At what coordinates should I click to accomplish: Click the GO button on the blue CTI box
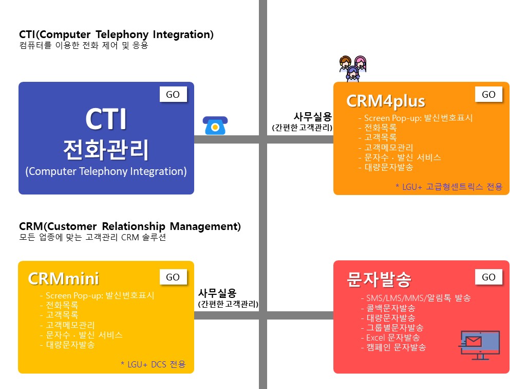click(173, 94)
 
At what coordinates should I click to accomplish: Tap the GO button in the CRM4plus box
click(489, 94)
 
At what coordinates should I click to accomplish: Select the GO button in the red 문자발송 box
click(489, 277)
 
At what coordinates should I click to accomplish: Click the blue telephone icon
click(215, 126)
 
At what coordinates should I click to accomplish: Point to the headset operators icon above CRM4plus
click(352, 68)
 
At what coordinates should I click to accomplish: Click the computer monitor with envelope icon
click(479, 345)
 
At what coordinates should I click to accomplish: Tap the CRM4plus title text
click(385, 101)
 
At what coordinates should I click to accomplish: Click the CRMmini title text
click(63, 278)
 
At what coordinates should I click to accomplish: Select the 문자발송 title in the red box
click(379, 279)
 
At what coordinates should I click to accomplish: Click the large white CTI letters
click(106, 119)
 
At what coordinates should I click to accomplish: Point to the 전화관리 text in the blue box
click(106, 150)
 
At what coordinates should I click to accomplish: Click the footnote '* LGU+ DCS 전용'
click(153, 364)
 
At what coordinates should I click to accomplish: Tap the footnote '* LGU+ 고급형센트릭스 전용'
click(449, 187)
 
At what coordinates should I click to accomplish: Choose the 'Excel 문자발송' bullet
click(393, 337)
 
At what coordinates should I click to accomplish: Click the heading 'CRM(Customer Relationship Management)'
click(130, 227)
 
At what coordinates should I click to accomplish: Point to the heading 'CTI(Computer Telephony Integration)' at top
click(116, 34)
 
